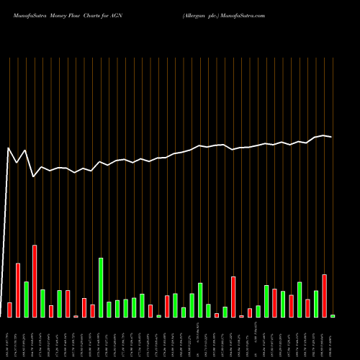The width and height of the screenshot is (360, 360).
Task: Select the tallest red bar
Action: tap(35, 281)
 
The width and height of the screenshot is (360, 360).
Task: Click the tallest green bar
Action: tap(101, 287)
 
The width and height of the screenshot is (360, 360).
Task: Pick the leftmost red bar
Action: tap(9, 310)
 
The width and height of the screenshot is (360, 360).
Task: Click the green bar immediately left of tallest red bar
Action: tap(26, 299)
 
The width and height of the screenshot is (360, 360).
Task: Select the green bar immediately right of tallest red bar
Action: tap(42, 303)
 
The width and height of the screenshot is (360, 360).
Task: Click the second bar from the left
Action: tap(18, 289)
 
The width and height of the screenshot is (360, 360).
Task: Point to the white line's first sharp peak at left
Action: tap(9, 148)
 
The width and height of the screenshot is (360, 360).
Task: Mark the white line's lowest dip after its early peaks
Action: tap(34, 176)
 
